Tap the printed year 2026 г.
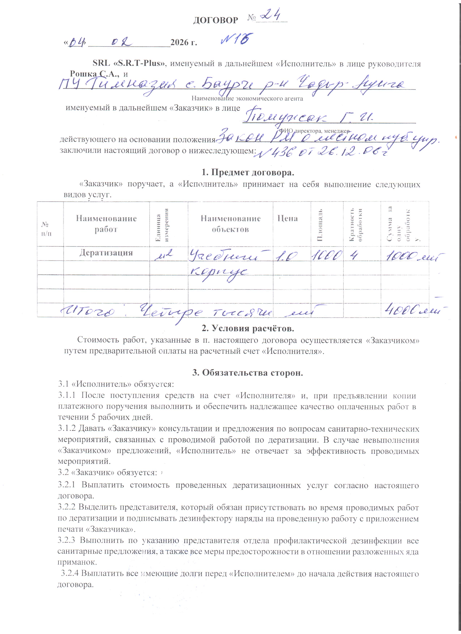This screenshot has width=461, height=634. pos(184,42)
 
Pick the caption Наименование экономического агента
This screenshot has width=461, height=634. pos(247,98)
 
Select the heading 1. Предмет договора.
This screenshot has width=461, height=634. pos(248,172)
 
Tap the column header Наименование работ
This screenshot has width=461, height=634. pos(106,224)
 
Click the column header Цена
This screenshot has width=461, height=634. pos(287,218)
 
